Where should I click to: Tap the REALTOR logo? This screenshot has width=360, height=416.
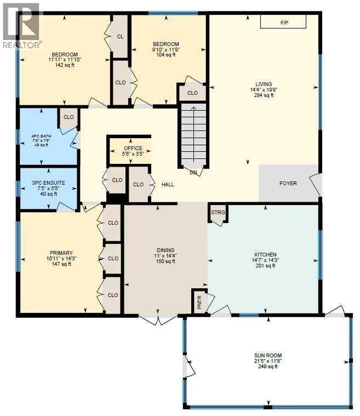pos(21,26)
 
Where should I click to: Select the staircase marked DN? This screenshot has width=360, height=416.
pos(192,135)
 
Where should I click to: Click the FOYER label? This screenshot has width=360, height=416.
pos(288,183)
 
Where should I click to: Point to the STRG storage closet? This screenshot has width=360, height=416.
pos(218,213)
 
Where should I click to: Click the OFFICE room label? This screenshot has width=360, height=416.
pos(133,149)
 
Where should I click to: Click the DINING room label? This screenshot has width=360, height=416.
pos(165,250)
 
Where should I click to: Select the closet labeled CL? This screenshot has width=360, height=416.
pos(120,36)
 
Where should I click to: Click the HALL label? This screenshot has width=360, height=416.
pos(168,184)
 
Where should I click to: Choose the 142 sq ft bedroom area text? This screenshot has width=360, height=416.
pos(64,65)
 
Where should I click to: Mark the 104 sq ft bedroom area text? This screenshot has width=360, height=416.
pos(165,55)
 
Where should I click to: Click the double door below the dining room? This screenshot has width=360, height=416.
pos(158,320)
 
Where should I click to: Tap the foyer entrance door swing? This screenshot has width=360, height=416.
pos(316,184)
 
